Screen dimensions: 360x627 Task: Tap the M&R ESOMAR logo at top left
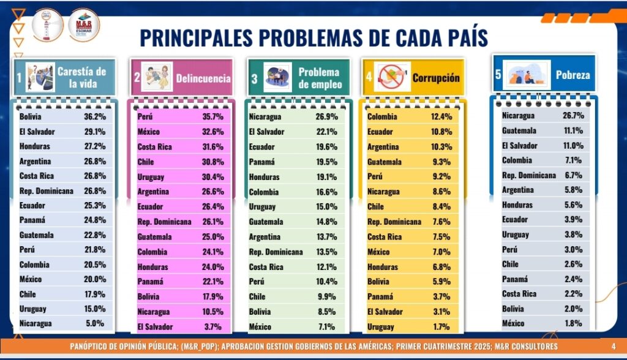pyautogui.click(x=84, y=24)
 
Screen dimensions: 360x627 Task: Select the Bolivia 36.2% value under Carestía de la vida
pyautogui.click(x=95, y=116)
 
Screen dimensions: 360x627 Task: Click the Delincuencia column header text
pyautogui.click(x=203, y=78)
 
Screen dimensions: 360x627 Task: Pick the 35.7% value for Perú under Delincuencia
pyautogui.click(x=213, y=116)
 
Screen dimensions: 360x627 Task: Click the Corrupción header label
pyautogui.click(x=435, y=78)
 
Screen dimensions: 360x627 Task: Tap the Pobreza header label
pyautogui.click(x=573, y=75)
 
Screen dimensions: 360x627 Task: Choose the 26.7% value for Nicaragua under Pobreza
pyautogui.click(x=573, y=115)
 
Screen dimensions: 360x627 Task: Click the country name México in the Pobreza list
pyautogui.click(x=514, y=323)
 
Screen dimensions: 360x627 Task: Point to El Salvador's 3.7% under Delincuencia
pyautogui.click(x=214, y=326)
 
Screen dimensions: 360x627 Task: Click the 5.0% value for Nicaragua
pyautogui.click(x=95, y=323)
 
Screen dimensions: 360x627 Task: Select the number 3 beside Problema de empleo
pyautogui.click(x=254, y=78)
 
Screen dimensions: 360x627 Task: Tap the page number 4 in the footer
pyautogui.click(x=614, y=347)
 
